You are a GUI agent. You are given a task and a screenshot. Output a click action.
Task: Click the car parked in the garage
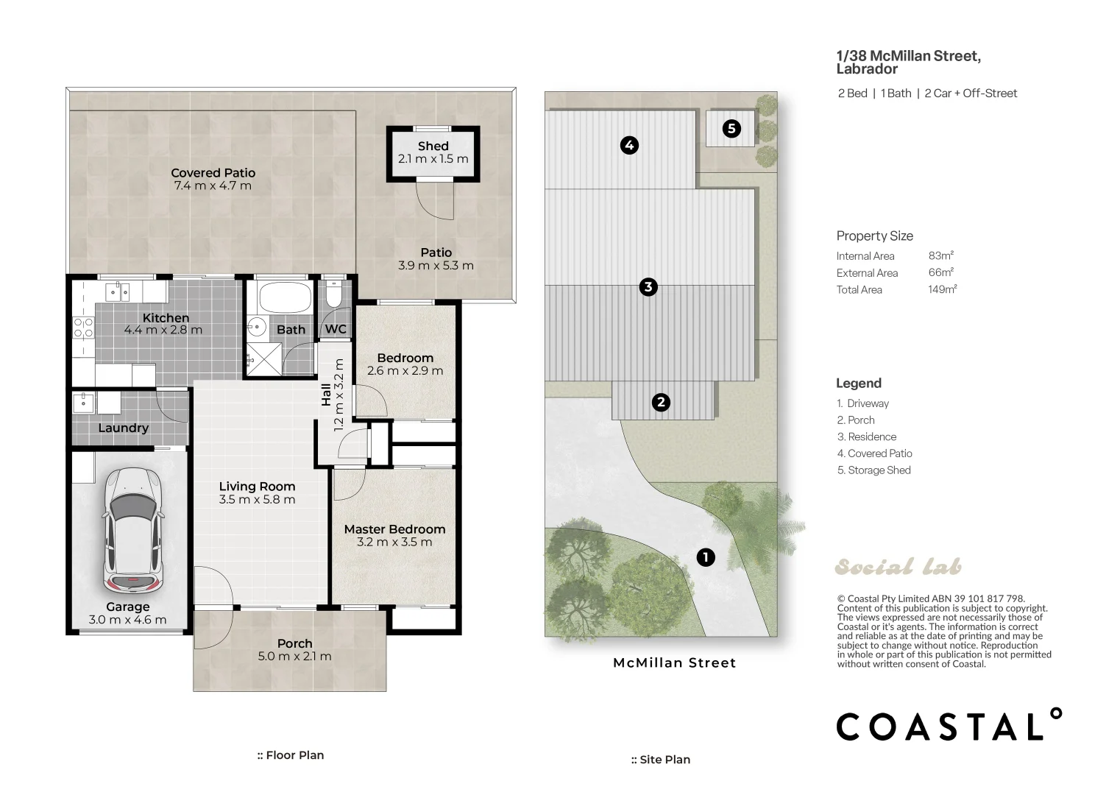pyautogui.click(x=133, y=531)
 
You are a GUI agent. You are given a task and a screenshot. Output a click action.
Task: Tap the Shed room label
pyautogui.click(x=433, y=146)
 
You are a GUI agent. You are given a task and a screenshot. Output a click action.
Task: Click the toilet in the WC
pyautogui.click(x=333, y=294)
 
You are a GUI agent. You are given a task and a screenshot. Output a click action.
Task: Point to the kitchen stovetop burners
pyautogui.click(x=83, y=328)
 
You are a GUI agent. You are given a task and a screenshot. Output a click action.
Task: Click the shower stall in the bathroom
pyautogui.click(x=263, y=358)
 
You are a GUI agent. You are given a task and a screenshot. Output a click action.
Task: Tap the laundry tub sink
pyautogui.click(x=83, y=402)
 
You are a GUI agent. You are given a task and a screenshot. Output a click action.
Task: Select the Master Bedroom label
pyautogui.click(x=394, y=529)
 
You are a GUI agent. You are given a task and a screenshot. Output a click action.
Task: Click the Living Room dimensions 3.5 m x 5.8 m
pyautogui.click(x=257, y=499)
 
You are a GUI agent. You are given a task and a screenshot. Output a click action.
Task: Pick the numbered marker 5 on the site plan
pyautogui.click(x=731, y=129)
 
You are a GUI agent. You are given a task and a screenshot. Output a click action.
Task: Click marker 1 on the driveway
pyautogui.click(x=706, y=556)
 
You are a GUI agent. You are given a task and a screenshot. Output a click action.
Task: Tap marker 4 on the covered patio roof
pyautogui.click(x=629, y=145)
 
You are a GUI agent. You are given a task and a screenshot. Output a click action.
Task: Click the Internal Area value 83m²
pyautogui.click(x=941, y=255)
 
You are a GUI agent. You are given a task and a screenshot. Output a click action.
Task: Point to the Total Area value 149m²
pyautogui.click(x=943, y=289)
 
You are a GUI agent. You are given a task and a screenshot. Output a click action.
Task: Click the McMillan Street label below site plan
pyautogui.click(x=675, y=663)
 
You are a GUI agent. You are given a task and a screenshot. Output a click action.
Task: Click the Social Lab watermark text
pyautogui.click(x=898, y=567)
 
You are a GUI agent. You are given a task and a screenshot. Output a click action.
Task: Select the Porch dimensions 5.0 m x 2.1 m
pyautogui.click(x=294, y=656)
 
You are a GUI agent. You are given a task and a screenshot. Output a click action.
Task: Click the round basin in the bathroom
pyautogui.click(x=257, y=328)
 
